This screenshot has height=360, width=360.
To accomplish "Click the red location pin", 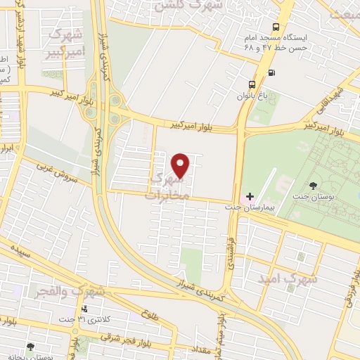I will click(181, 165).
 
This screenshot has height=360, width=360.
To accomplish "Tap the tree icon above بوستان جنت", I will click(312, 186).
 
